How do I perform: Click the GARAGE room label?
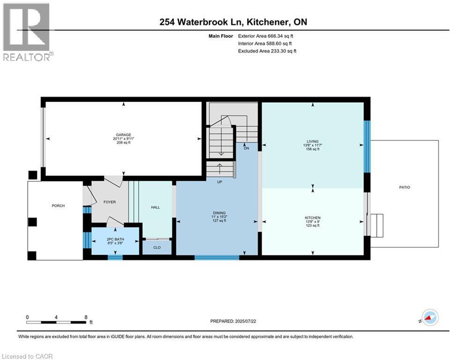pos(123,135)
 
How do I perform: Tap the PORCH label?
pos(58,206)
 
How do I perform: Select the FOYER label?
pos(110,202)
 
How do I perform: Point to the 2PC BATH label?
pos(115,239)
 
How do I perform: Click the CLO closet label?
pos(157,247)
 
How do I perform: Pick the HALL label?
pos(155,207)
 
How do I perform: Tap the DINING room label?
pos(219,213)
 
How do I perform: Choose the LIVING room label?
pos(313,142)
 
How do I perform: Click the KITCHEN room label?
pos(313,218)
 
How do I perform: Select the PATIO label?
pos(405,187)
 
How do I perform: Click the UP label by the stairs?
pos(219,182)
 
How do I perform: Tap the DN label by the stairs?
pos(246,148)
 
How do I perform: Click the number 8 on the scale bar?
pos(86,317)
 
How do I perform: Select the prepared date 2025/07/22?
pos(245,321)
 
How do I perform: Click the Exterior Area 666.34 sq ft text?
pos(266,36)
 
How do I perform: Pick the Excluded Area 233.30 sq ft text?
pos(267,51)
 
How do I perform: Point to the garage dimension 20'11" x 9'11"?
pos(124,139)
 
